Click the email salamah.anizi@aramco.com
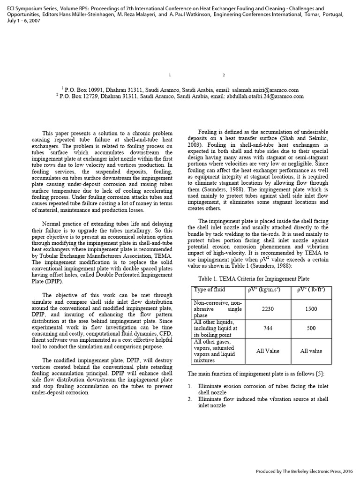pyautogui.click(x=258, y=90)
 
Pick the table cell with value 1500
pyautogui.click(x=311, y=309)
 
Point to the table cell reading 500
pyautogui.click(x=311, y=329)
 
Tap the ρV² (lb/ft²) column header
pyautogui.click(x=311, y=290)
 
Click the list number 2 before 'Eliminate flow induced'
pyautogui.click(x=190, y=399)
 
